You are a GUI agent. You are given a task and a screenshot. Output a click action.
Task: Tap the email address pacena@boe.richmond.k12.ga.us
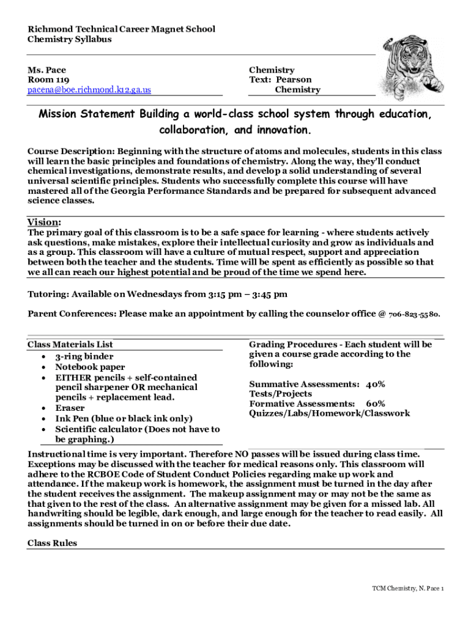(89, 90)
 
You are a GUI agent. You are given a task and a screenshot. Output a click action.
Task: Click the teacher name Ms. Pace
(46, 70)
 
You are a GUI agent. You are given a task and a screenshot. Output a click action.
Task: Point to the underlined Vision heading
(44, 222)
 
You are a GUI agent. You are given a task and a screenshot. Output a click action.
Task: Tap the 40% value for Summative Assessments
(376, 385)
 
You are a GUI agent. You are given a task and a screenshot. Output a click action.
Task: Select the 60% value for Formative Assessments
(376, 404)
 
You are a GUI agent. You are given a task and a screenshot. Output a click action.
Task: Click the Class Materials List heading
(70, 345)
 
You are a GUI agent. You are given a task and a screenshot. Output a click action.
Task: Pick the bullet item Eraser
(70, 408)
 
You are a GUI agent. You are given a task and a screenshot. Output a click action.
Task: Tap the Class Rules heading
(53, 543)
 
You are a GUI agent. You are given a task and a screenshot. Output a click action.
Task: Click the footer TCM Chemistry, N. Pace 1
(408, 589)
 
